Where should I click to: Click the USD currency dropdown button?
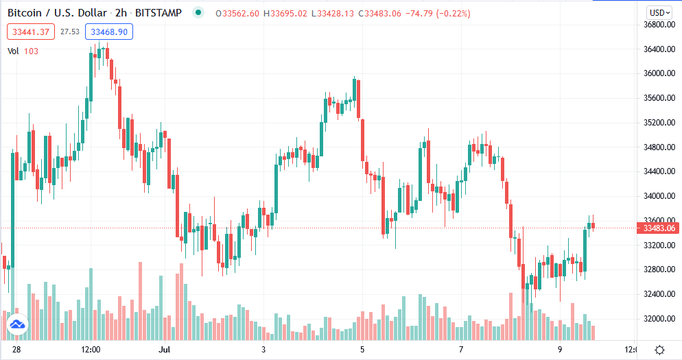tap(660, 12)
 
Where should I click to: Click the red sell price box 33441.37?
tap(30, 32)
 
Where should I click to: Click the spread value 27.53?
tap(70, 32)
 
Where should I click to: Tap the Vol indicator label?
tap(14, 51)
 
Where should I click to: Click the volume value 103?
tap(31, 51)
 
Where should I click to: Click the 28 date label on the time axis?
tap(17, 350)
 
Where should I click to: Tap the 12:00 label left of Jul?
tap(91, 350)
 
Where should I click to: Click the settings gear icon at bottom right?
tap(659, 350)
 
